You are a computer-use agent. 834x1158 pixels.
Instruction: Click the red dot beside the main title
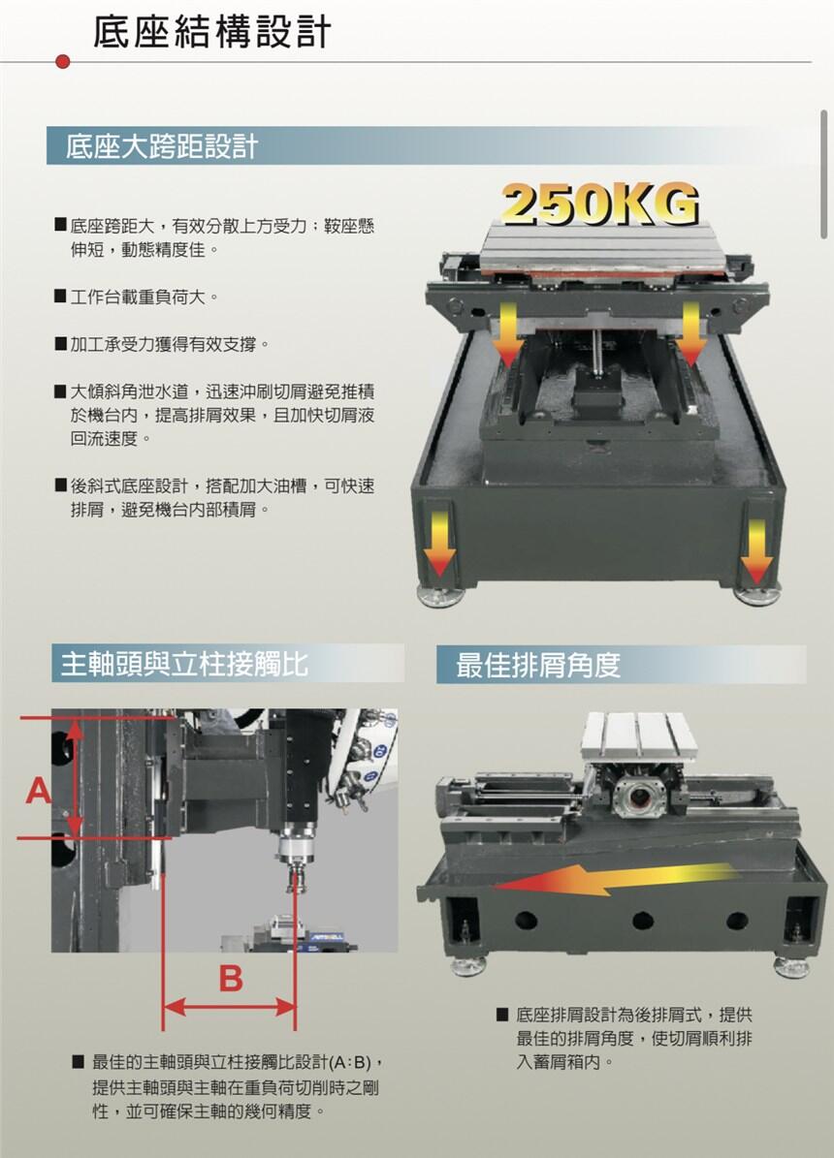click(x=63, y=61)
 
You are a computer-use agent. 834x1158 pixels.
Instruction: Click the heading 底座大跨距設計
click(x=161, y=146)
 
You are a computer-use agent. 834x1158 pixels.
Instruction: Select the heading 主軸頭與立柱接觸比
click(x=184, y=663)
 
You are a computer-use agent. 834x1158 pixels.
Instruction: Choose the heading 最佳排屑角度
click(x=537, y=665)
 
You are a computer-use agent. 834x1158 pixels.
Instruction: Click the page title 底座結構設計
click(x=211, y=33)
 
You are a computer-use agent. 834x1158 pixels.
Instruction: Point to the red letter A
click(x=39, y=791)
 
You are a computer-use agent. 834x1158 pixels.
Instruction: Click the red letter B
click(x=231, y=978)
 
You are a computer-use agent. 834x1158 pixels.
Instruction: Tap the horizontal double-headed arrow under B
click(x=229, y=1006)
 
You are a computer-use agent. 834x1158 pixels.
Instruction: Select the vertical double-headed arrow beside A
click(x=75, y=778)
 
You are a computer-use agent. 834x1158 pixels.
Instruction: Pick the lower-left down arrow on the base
click(x=439, y=536)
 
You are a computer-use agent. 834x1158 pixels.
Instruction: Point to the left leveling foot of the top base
click(x=440, y=595)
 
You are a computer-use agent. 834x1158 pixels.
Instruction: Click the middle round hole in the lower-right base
click(x=643, y=921)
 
